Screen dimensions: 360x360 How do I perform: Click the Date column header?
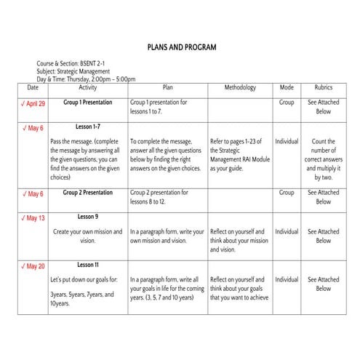point(33,88)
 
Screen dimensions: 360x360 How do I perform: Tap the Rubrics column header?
point(323,88)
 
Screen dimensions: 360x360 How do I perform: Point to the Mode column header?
point(287,88)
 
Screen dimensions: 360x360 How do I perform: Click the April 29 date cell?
point(36,104)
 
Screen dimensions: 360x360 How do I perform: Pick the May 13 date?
point(36,218)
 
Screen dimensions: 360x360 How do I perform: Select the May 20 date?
point(36,266)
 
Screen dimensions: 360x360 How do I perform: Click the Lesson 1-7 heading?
point(88,127)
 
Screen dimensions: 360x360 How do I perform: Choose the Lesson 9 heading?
point(88,217)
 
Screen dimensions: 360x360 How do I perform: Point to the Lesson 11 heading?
point(88,265)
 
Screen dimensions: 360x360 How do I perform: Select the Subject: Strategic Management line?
point(73,71)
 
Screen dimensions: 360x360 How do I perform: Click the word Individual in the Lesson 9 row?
point(287,232)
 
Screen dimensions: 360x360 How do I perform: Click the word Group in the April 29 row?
point(287,103)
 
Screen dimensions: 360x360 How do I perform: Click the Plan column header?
point(167,88)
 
